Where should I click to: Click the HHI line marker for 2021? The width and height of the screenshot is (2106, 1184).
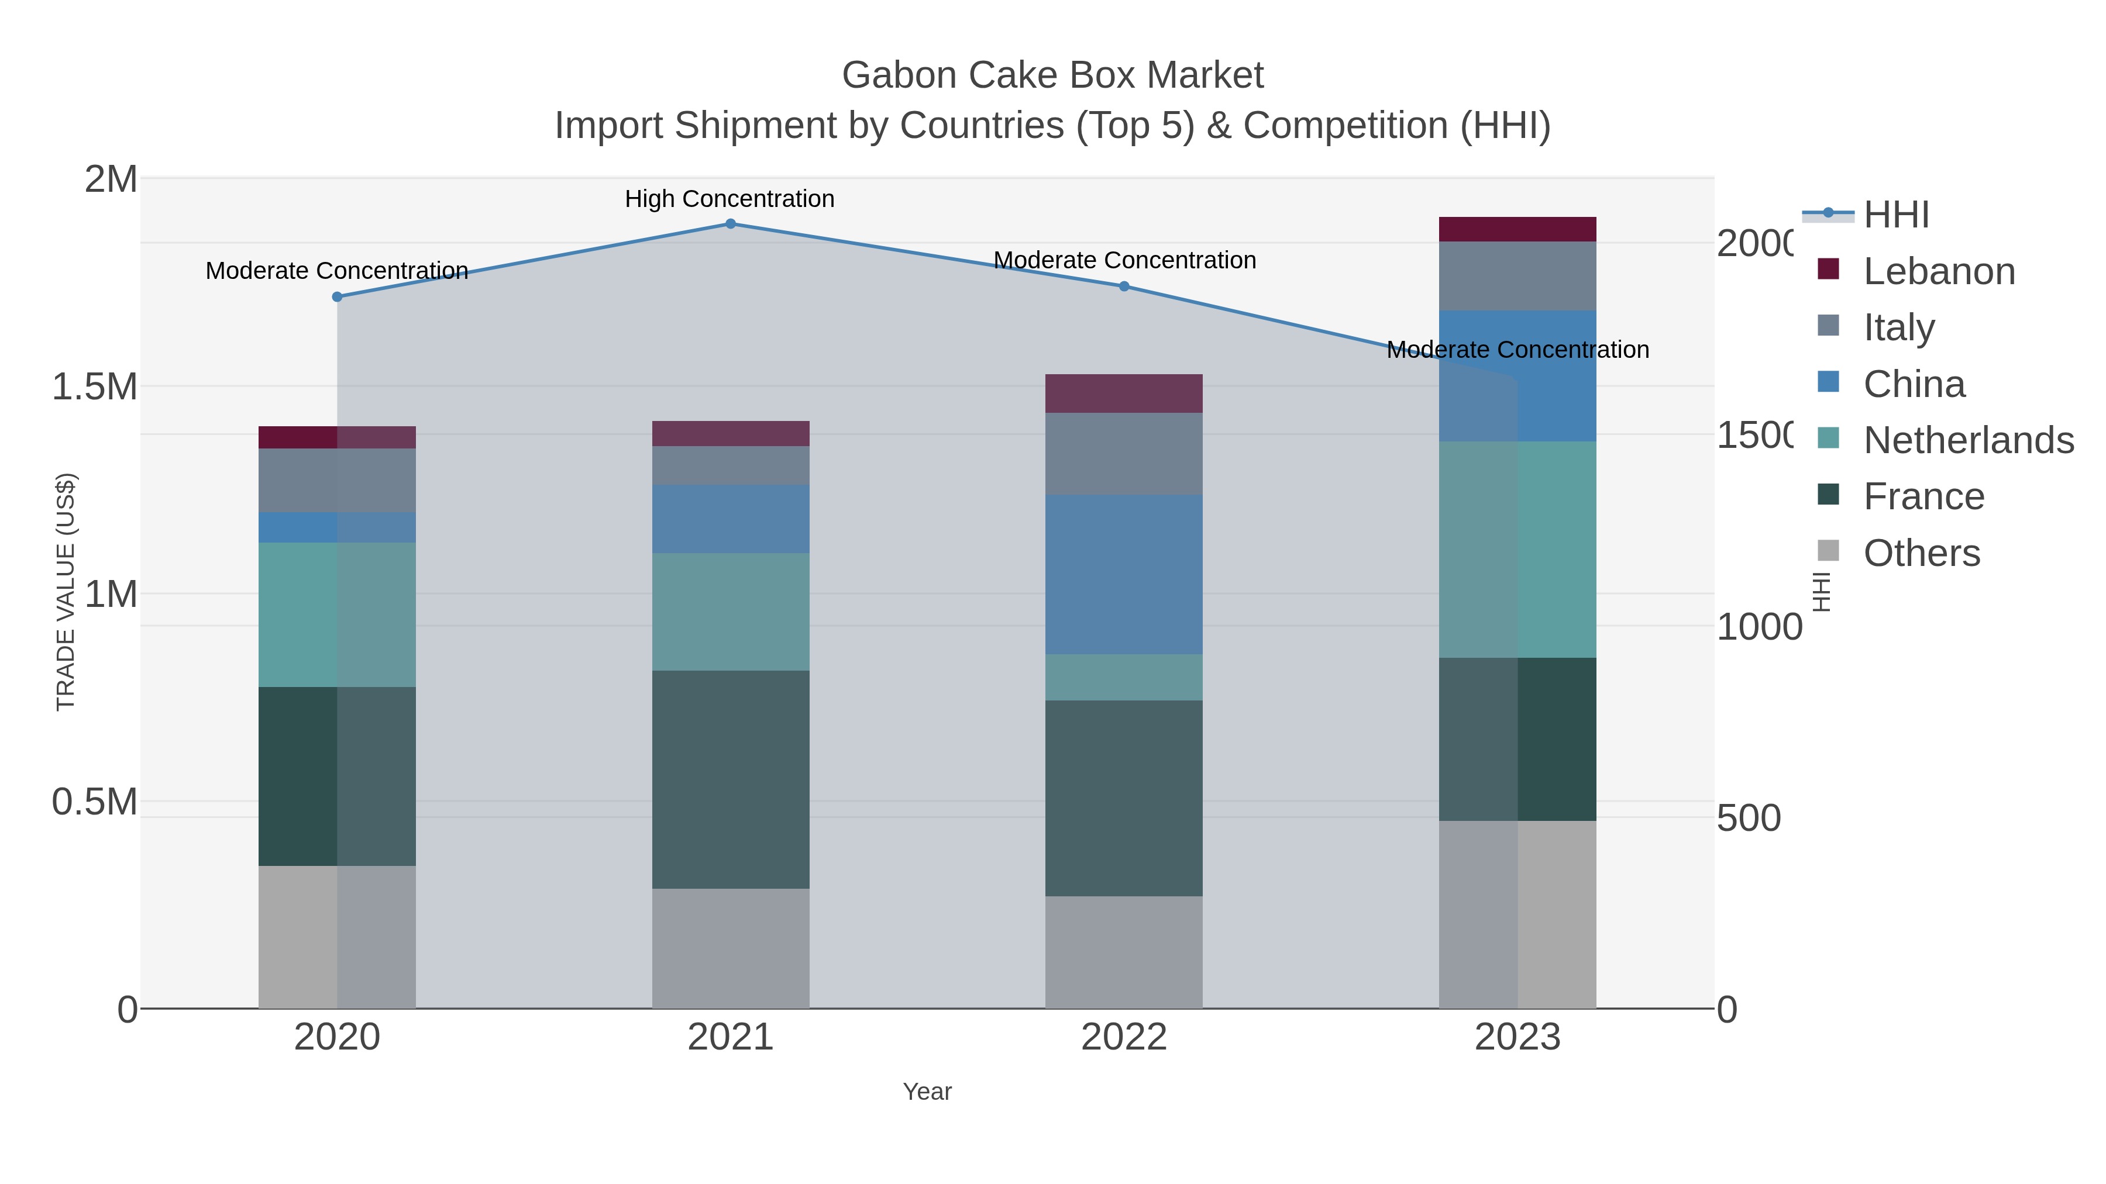731,224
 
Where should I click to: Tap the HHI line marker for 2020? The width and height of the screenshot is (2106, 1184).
337,296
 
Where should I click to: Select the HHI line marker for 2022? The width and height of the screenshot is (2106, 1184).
1124,286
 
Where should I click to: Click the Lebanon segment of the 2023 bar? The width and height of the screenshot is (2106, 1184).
1517,230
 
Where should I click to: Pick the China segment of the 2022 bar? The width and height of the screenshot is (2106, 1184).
1124,574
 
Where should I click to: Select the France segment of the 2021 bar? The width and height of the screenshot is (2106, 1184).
731,779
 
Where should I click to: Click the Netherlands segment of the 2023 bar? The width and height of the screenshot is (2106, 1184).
1517,549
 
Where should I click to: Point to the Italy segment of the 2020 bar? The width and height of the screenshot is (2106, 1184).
337,481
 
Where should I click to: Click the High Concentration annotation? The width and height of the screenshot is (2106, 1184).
729,199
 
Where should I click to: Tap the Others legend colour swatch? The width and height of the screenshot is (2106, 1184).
1828,551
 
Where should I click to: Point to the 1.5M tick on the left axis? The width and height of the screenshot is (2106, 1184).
95,386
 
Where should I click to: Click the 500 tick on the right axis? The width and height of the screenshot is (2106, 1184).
1748,818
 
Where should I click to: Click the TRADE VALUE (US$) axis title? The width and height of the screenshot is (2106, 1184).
66,592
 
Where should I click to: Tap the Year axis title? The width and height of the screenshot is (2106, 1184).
927,1092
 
